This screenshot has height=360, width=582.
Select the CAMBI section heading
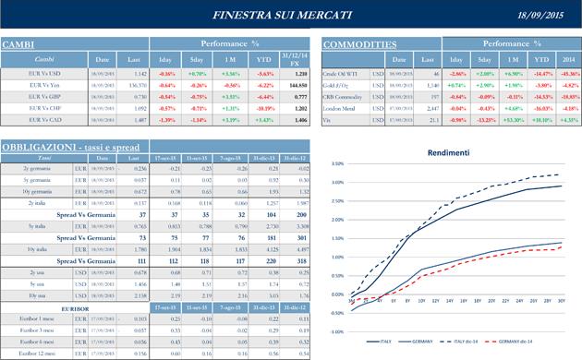[18, 45]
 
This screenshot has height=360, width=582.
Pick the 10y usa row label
[39, 294]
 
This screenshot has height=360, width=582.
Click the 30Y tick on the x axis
[560, 301]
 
